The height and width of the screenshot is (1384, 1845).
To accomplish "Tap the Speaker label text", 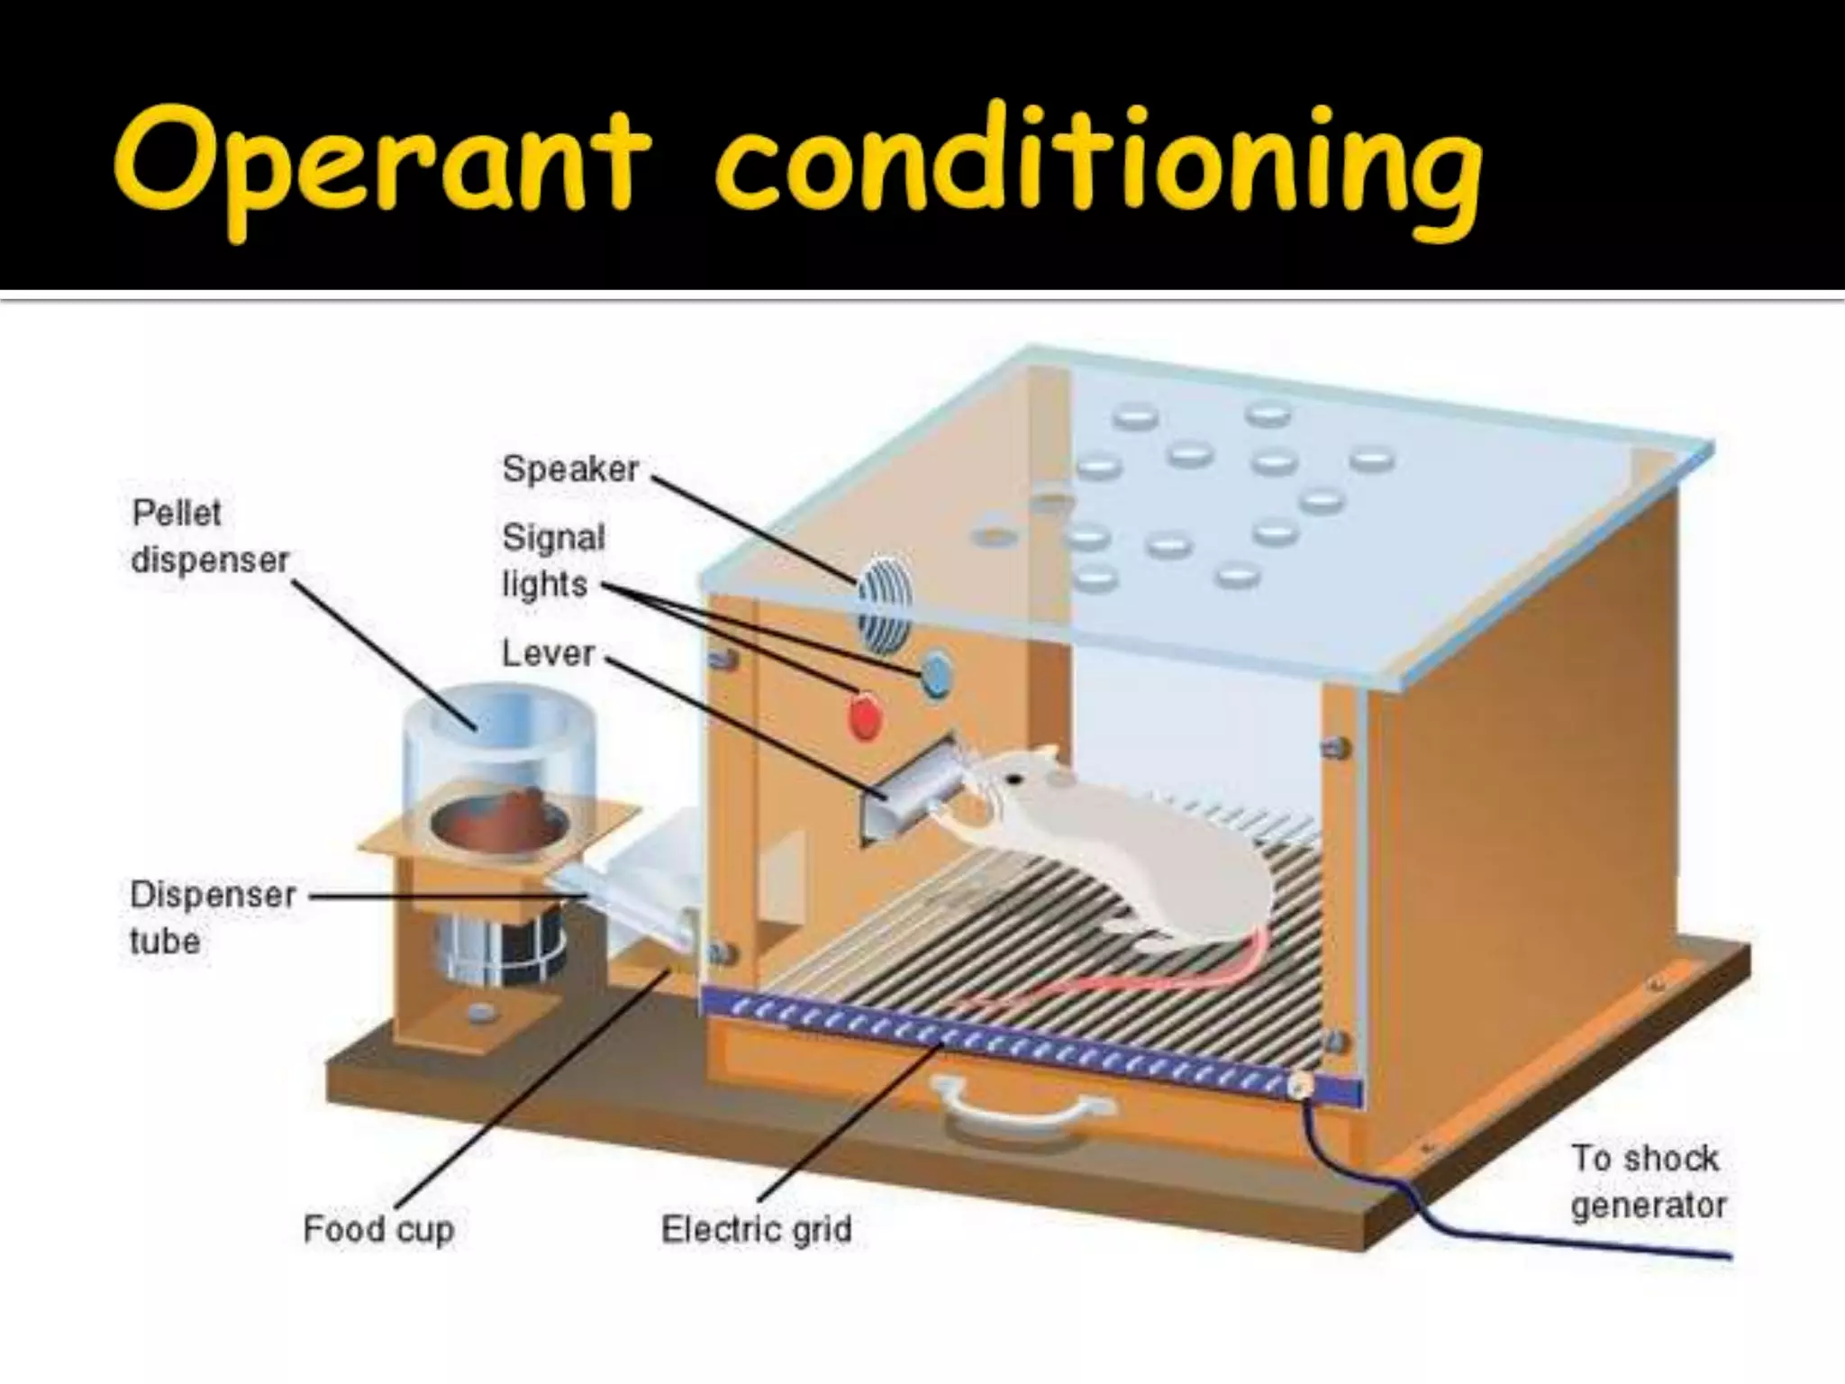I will [x=570, y=469].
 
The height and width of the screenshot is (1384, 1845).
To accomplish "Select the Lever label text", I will [x=548, y=652].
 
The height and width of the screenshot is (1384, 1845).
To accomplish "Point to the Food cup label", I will [x=378, y=1229].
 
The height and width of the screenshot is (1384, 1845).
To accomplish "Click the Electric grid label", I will [x=756, y=1229].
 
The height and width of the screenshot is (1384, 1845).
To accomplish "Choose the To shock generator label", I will [x=1648, y=1181].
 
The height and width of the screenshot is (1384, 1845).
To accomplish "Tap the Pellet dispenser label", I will [x=210, y=537].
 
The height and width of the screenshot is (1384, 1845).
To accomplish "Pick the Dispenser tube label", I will [x=213, y=917].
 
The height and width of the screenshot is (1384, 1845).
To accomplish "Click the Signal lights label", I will [x=552, y=560].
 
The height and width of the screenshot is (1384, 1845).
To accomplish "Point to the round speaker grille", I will [x=883, y=601].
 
